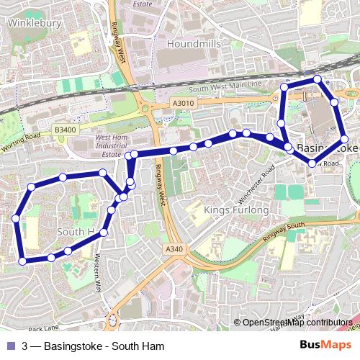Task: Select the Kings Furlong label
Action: (236, 210)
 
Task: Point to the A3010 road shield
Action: (184, 104)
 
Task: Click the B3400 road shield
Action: (65, 130)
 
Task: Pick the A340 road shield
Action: (174, 249)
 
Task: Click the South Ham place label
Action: (76, 232)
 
